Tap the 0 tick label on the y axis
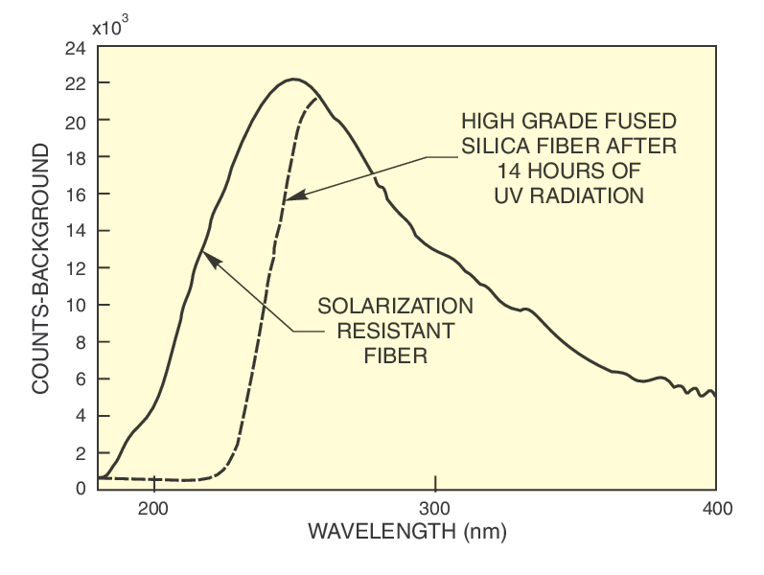[x=80, y=490]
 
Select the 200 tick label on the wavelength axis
[x=153, y=509]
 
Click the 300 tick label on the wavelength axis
[x=435, y=509]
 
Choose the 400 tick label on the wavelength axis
[x=716, y=509]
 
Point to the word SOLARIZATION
[x=395, y=307]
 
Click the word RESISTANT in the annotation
[x=395, y=332]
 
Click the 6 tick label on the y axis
[x=80, y=379]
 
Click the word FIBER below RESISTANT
[x=395, y=356]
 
